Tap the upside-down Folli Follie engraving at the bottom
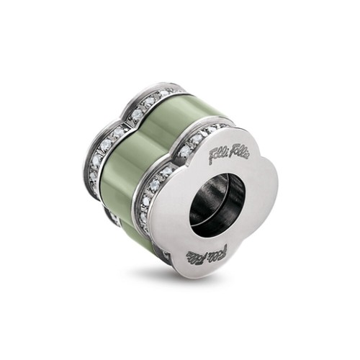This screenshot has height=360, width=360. point(206,253)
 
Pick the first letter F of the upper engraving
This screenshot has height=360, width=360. point(210,157)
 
